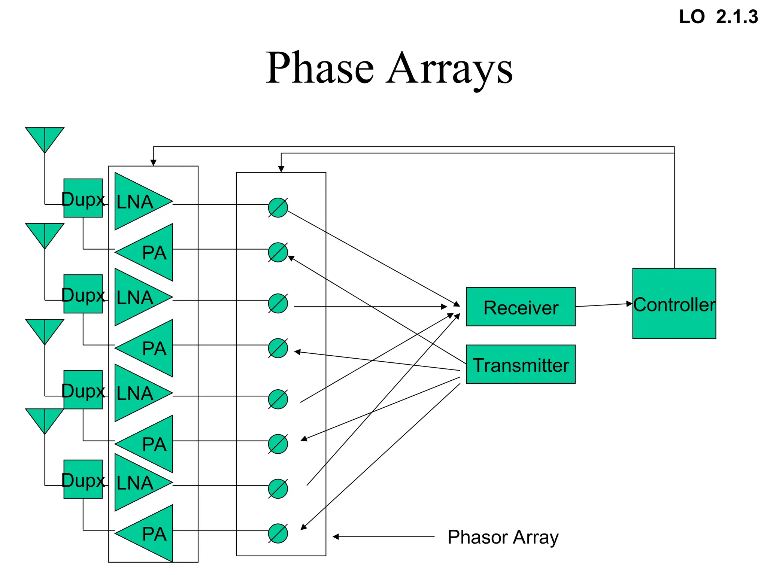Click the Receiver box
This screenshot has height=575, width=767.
[521, 307]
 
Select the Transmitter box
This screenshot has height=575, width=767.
[521, 364]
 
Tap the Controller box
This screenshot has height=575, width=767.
[674, 304]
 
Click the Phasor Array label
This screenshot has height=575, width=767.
[503, 537]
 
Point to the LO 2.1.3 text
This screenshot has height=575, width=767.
[718, 17]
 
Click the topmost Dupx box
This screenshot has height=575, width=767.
[83, 198]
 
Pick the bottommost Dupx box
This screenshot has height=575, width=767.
[83, 479]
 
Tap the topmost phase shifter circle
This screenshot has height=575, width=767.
[278, 207]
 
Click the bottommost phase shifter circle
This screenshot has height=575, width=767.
[278, 533]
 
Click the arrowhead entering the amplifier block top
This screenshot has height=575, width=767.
[153, 162]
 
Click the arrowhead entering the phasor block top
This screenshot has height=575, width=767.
[281, 169]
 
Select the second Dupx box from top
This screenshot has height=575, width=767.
[83, 294]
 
